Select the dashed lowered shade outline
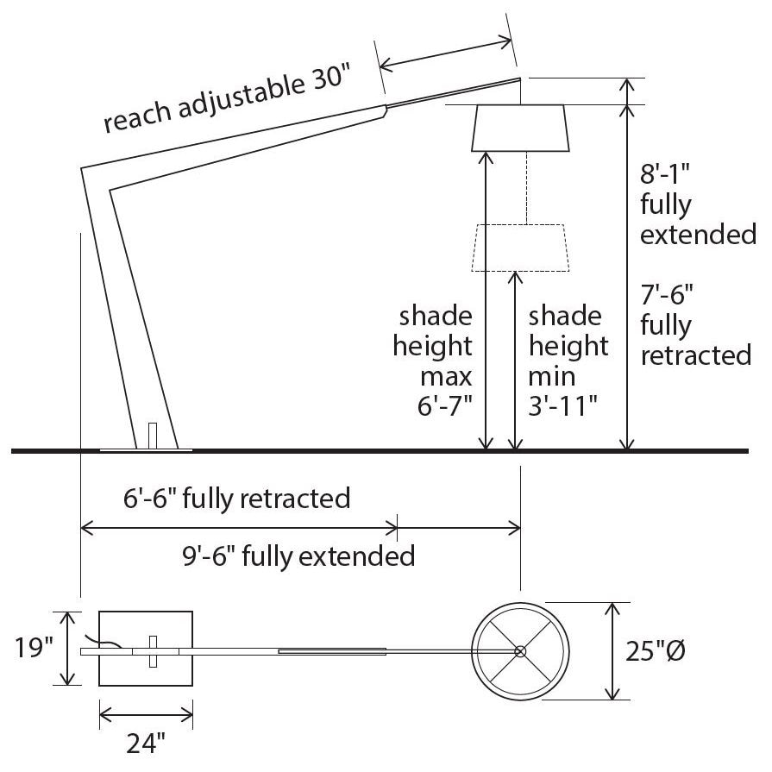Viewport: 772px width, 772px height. coord(519,248)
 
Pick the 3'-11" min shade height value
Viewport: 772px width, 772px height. coord(563,405)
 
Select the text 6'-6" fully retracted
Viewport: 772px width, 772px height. coord(237,499)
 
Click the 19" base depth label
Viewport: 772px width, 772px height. coord(35,647)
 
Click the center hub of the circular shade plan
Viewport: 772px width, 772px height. coord(519,651)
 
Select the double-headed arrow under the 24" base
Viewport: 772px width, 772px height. coord(146,714)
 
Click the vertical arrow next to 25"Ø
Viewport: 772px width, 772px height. coord(613,651)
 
